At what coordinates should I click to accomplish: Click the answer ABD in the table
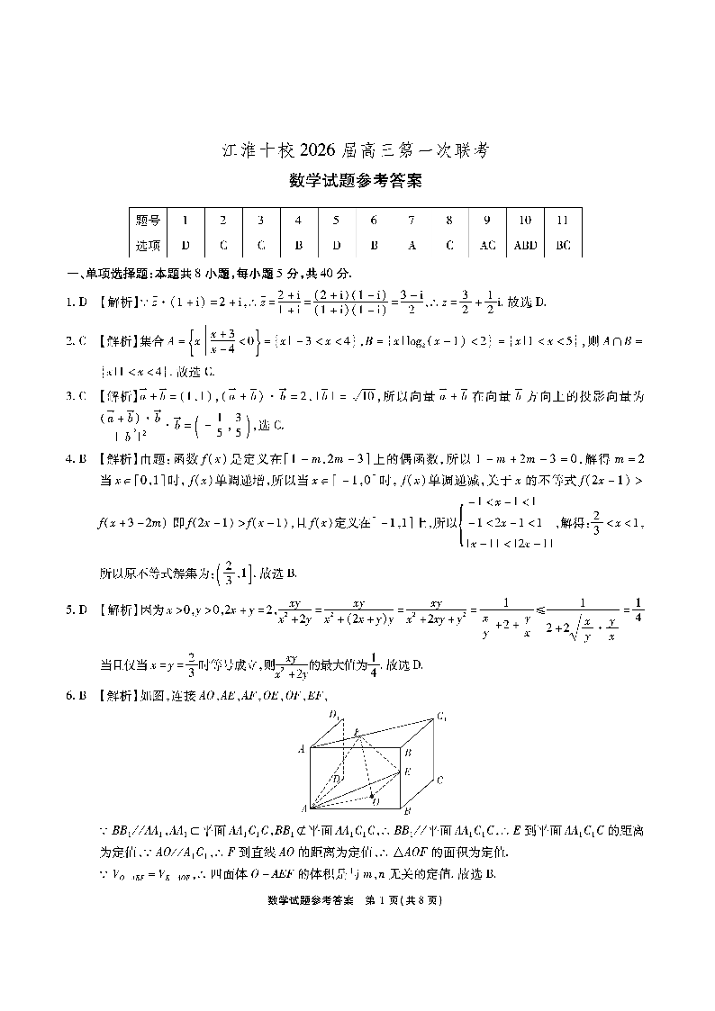524,245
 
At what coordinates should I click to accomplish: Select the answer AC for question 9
487,245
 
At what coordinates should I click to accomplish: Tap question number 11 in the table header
563,220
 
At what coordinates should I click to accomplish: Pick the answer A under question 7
412,245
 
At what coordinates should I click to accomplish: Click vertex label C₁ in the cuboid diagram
443,717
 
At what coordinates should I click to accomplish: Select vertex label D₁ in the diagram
334,715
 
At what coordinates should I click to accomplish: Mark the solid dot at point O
372,795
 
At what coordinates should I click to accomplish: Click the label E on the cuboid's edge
408,772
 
